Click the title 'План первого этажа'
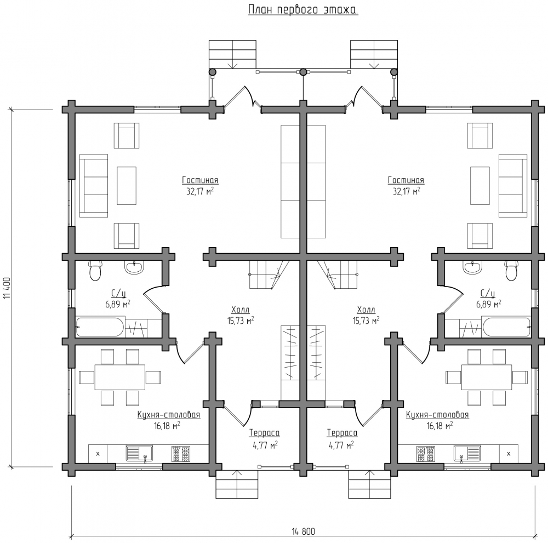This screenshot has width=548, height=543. (303, 10)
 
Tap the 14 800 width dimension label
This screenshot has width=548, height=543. (304, 532)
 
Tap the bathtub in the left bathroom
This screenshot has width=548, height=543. (100, 327)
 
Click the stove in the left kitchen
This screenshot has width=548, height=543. (181, 454)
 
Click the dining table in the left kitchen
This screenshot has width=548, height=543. (120, 378)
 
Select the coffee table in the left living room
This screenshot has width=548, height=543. (127, 186)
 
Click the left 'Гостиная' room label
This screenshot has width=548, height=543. (200, 180)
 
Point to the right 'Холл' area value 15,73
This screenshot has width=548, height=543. (366, 321)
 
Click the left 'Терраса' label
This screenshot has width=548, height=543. (264, 433)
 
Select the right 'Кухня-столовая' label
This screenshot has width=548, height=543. (437, 415)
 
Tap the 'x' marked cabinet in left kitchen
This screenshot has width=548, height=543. (98, 454)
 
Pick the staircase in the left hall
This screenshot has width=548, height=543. (269, 275)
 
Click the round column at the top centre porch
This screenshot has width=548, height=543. (303, 72)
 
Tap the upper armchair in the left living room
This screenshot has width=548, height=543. (127, 135)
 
